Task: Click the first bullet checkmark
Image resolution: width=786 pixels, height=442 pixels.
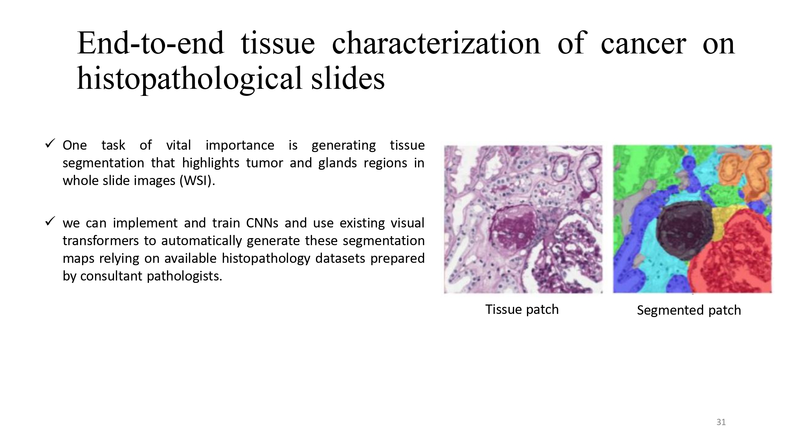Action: [50, 143]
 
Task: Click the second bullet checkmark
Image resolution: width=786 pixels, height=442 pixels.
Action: [50, 221]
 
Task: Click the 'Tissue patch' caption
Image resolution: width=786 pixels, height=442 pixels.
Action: [522, 310]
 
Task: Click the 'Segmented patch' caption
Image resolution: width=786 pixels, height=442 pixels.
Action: [689, 310]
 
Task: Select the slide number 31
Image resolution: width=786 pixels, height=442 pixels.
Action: [721, 422]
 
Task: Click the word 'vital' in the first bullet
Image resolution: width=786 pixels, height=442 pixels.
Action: [178, 145]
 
